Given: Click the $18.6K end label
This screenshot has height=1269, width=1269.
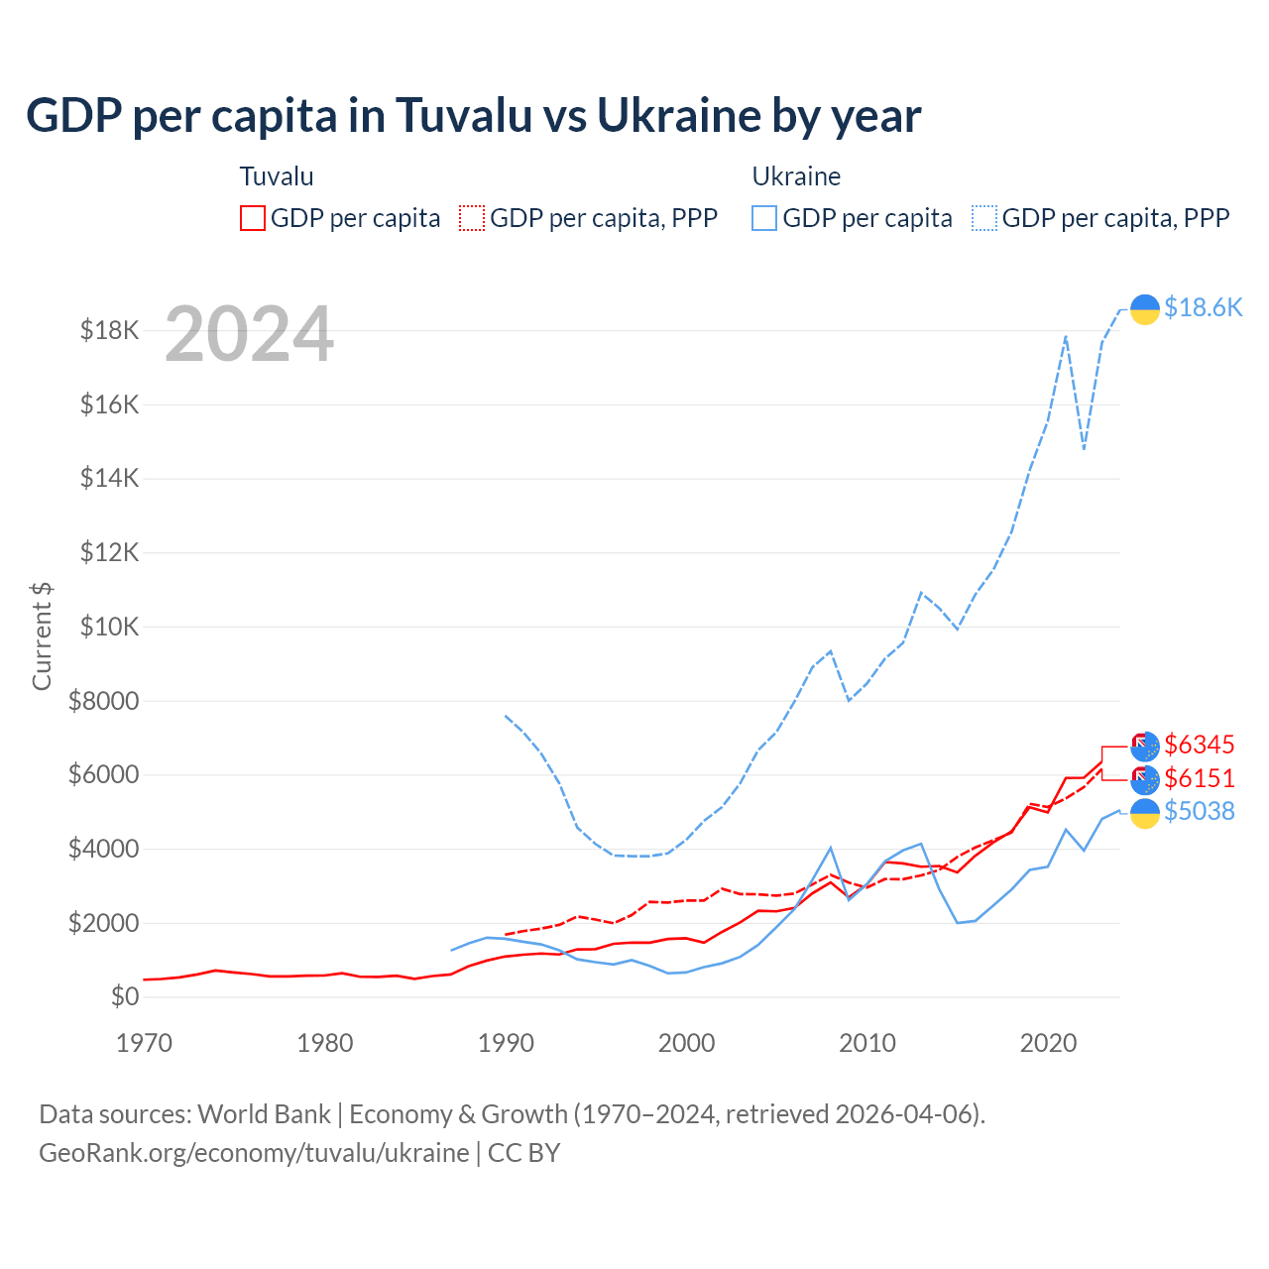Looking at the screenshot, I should [x=1203, y=307].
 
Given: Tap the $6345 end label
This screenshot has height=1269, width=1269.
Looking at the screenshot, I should [x=1200, y=745].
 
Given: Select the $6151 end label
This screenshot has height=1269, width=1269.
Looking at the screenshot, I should [x=1200, y=778].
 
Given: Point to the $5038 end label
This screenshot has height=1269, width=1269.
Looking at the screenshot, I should [x=1200, y=811].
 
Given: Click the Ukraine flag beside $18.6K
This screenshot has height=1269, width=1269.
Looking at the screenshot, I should [x=1145, y=309].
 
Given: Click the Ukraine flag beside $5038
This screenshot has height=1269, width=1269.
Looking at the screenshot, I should [x=1145, y=813].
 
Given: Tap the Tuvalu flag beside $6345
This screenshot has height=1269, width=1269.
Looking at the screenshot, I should [x=1145, y=747].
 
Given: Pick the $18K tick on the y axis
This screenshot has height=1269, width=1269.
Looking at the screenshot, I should [x=110, y=330].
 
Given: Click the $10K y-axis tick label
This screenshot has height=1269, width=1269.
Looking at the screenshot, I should [x=110, y=627].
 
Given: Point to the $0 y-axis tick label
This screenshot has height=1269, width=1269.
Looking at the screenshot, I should [x=125, y=996].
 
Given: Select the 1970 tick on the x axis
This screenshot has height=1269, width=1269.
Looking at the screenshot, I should [x=144, y=1043].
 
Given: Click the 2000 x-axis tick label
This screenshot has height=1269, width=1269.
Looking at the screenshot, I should [x=686, y=1043].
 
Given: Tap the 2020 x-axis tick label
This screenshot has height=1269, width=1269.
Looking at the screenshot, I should [x=1048, y=1043].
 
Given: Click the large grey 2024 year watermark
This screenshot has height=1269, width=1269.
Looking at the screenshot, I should [x=249, y=334].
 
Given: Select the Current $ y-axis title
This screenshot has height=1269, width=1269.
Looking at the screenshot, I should [x=42, y=635].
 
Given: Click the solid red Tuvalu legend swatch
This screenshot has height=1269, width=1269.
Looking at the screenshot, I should [x=253, y=218].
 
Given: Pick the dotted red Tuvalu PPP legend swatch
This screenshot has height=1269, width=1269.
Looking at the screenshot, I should [x=472, y=218].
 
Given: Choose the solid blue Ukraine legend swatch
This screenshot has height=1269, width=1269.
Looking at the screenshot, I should [x=764, y=218].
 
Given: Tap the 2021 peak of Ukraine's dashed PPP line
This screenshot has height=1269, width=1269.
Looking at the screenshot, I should [x=1066, y=336].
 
